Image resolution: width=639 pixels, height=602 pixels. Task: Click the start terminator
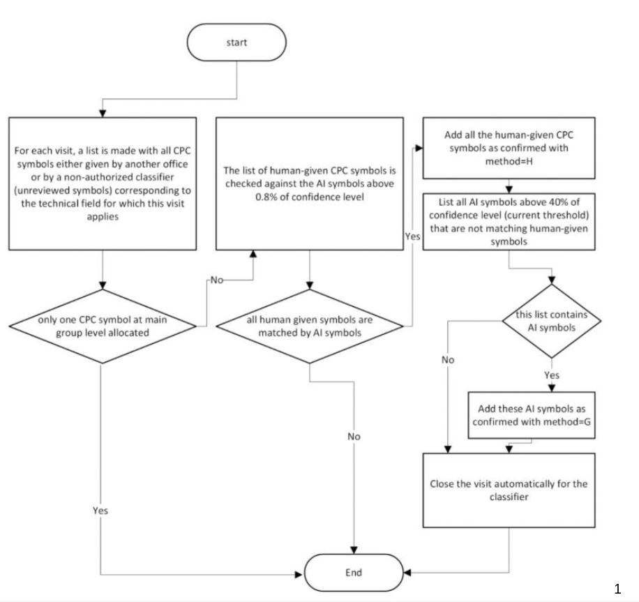236,43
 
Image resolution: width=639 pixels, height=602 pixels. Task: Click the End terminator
354,573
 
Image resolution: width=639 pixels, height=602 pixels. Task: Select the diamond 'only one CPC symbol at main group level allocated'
103,326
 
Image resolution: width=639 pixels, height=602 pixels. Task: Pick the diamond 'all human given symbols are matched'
310,326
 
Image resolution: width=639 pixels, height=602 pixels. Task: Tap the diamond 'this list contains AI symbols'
551,321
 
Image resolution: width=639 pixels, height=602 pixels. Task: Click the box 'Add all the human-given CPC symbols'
509,148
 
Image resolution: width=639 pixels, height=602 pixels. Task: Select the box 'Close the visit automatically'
509,490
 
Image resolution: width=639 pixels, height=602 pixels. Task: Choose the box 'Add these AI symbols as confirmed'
532,415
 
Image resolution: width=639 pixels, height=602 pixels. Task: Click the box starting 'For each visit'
103,184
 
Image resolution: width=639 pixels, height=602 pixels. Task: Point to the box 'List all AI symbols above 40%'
509,222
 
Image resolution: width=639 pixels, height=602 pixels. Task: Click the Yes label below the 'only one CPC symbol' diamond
100,511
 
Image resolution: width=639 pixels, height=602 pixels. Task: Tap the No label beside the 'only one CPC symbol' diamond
217,280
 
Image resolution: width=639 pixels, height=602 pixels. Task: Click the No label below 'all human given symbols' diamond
354,437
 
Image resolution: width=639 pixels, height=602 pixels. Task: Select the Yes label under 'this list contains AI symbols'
551,375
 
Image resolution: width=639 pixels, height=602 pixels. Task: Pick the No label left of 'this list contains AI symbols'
447,360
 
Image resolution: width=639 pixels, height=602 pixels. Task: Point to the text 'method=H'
509,161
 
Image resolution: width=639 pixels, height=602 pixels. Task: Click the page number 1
617,589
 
